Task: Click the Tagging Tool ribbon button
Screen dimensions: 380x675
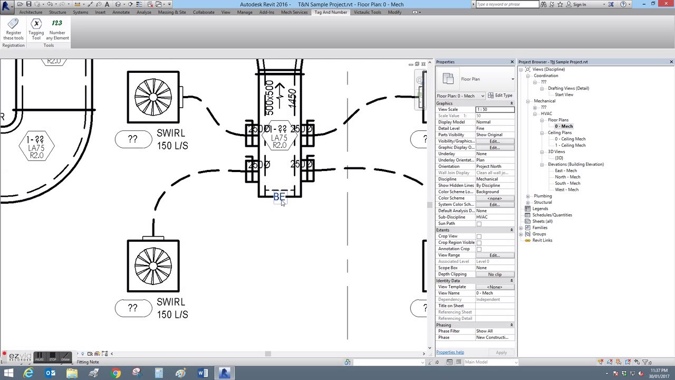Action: [x=36, y=30]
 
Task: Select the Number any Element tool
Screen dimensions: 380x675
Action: [x=57, y=30]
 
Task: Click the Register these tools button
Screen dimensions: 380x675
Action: [x=13, y=30]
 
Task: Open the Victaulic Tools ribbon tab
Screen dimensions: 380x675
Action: [x=367, y=12]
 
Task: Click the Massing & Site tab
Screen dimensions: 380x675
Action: [x=172, y=12]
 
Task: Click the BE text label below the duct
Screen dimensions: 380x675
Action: [x=279, y=197]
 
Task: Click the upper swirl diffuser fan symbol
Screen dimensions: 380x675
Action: [x=153, y=97]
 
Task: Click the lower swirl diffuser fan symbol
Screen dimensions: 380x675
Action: [x=153, y=266]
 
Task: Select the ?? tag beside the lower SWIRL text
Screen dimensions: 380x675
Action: [x=133, y=308]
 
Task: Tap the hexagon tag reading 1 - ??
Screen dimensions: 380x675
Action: [x=36, y=145]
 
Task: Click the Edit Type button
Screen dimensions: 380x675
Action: [x=500, y=96]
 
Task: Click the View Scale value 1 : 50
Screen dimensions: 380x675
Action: [x=494, y=109]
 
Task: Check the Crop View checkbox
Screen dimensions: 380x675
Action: [x=479, y=236]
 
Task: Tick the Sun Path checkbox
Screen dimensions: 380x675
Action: [x=479, y=224]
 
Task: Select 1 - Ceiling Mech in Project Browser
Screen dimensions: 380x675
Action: [x=570, y=145]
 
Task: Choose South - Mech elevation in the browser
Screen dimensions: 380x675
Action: [x=567, y=183]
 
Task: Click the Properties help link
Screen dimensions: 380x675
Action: [x=450, y=352]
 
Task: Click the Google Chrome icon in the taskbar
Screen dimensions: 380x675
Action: [x=116, y=373]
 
